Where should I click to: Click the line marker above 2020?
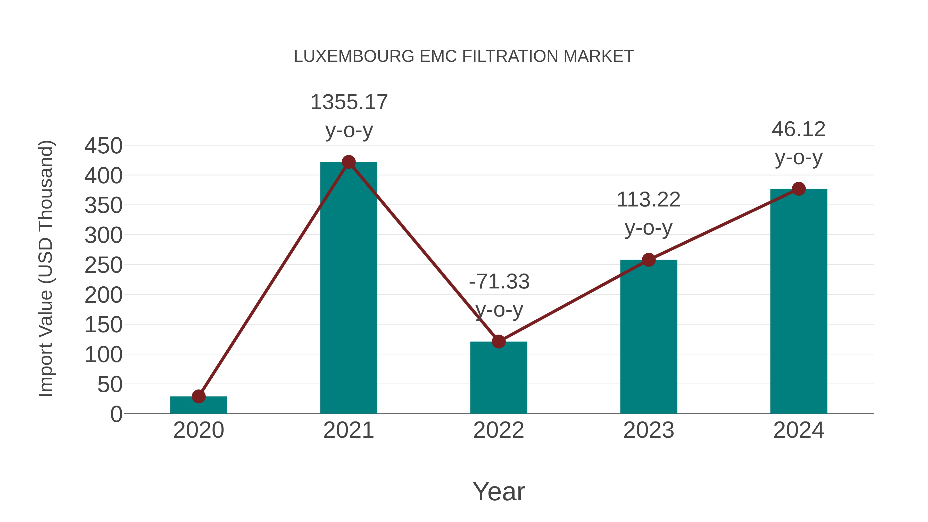[198, 396]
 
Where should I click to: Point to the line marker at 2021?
[348, 162]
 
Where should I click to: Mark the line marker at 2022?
[499, 342]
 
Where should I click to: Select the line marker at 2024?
[799, 189]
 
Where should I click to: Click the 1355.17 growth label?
[349, 102]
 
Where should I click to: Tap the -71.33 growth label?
[499, 282]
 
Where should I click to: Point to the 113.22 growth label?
[649, 200]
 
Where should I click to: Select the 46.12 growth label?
[798, 130]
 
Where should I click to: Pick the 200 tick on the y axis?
[103, 295]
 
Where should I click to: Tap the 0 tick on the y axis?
[116, 414]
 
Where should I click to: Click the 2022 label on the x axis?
[499, 430]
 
